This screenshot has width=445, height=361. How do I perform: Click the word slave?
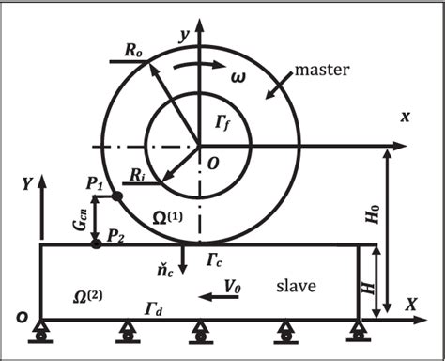[x=293, y=284]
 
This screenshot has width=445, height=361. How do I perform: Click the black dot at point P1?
[x=118, y=196]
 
